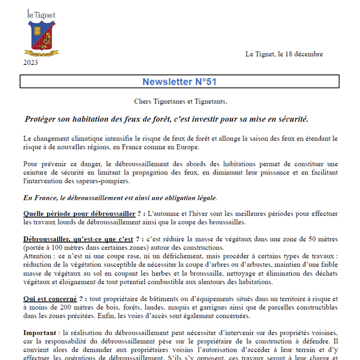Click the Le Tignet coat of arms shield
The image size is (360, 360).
pyautogui.click(x=42, y=35)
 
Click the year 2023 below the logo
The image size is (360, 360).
pyautogui.click(x=31, y=63)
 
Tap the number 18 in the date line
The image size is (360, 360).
pyautogui.click(x=291, y=54)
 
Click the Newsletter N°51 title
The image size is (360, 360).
pyautogui.click(x=179, y=81)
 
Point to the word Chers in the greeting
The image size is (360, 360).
pyautogui.click(x=143, y=101)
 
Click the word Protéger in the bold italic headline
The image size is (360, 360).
pyautogui.click(x=42, y=119)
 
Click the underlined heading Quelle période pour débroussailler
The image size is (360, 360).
pyautogui.click(x=79, y=214)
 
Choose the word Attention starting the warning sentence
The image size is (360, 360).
pyautogui.click(x=40, y=256)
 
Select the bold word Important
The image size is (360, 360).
pyautogui.click(x=40, y=333)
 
